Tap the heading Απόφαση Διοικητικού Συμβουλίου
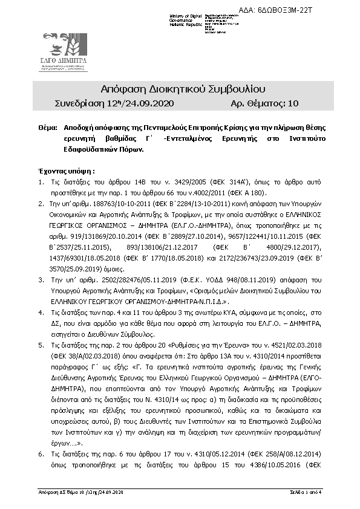point(180,91)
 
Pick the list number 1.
point(41,182)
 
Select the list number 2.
point(41,204)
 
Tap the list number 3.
point(41,280)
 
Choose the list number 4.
point(41,313)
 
